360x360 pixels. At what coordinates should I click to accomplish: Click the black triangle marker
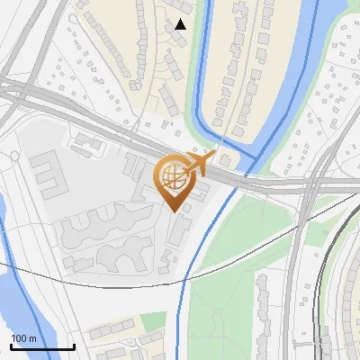[181, 24]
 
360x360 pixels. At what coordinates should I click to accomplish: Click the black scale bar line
[42, 347]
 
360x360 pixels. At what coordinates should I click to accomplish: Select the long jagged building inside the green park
[262, 306]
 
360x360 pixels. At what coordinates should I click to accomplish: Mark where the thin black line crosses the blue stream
[197, 267]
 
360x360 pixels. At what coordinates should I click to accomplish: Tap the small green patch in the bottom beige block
[153, 322]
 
